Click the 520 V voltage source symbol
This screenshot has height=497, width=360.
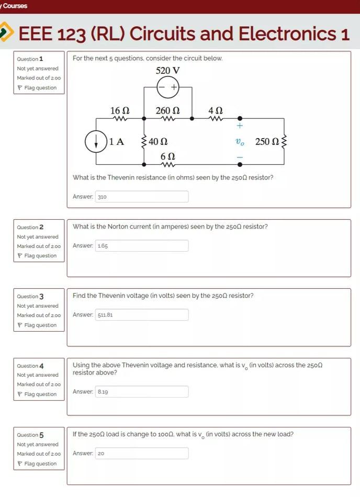pyautogui.click(x=168, y=87)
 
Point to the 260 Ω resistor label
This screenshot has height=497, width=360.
pyautogui.click(x=167, y=110)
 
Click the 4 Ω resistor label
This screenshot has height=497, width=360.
pyautogui.click(x=215, y=110)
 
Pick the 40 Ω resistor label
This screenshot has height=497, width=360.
pyautogui.click(x=157, y=142)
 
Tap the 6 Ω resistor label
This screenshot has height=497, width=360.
pyautogui.click(x=167, y=156)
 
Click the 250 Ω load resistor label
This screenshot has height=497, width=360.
pyautogui.click(x=267, y=142)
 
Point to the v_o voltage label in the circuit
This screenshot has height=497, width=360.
pyautogui.click(x=240, y=142)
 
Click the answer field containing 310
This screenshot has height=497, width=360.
pyautogui.click(x=141, y=197)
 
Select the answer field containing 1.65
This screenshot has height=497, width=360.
pyautogui.click(x=141, y=245)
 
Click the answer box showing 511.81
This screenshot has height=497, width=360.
pyautogui.click(x=141, y=315)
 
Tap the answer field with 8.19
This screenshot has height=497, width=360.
pyautogui.click(x=141, y=391)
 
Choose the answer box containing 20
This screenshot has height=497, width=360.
pyautogui.click(x=141, y=453)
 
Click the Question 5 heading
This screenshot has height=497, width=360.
pyautogui.click(x=30, y=435)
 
